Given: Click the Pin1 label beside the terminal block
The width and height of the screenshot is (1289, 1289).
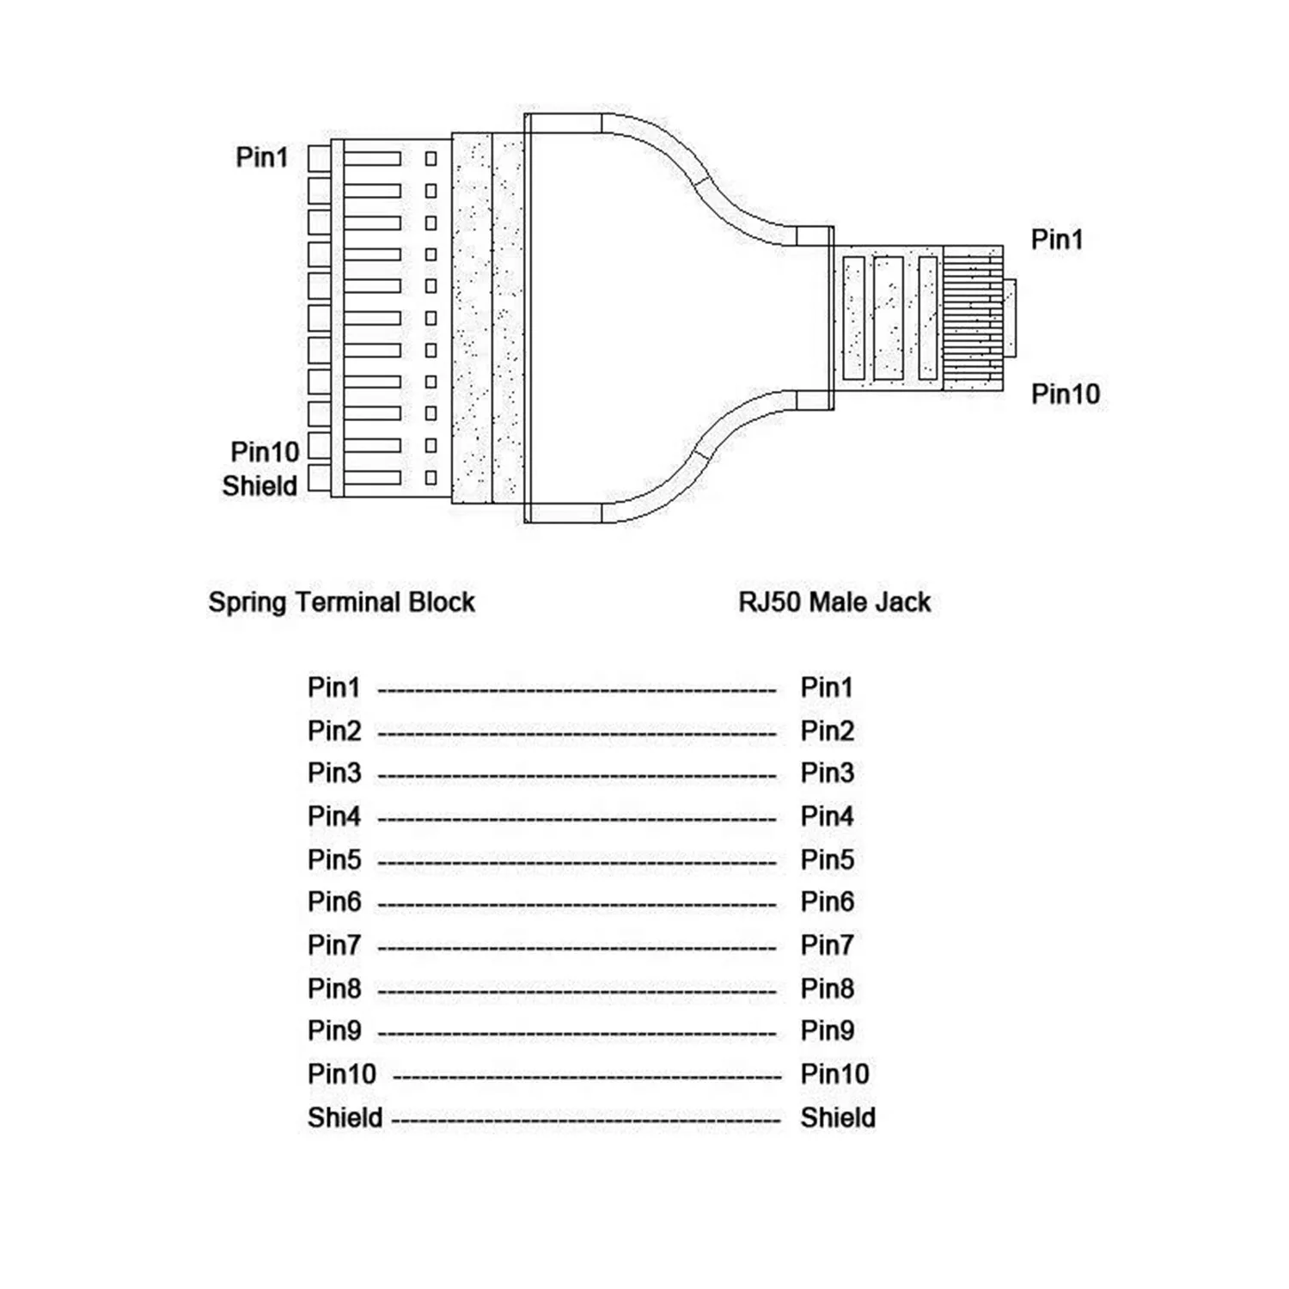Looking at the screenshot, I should pos(262,157).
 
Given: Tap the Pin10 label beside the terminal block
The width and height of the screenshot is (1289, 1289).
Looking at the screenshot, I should pos(265,452).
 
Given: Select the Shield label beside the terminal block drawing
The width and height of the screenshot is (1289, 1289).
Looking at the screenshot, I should pos(260,486).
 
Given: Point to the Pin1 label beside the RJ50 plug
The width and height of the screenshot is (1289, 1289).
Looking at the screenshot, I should pos(1057,240).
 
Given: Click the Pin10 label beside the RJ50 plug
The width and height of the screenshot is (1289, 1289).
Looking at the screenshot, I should pos(1066,394).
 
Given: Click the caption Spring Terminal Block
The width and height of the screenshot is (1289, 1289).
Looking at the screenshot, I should pos(341,602).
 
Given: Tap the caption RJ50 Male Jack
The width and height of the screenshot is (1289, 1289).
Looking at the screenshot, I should pos(834,602).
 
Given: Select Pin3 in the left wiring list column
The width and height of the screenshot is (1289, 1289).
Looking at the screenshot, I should pos(334,773).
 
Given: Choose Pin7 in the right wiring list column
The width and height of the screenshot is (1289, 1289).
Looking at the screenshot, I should pos(827,945).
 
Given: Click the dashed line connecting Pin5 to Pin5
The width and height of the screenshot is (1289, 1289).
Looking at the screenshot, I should pos(577,862).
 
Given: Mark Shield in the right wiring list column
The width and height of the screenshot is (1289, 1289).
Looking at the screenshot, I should pos(838,1118).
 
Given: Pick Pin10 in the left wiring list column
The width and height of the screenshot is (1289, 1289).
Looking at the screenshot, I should pos(342,1074).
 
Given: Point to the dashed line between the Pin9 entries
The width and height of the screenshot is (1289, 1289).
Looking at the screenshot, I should pos(577,1034).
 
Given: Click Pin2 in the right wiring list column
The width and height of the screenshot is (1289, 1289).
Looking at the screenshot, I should pos(827,731).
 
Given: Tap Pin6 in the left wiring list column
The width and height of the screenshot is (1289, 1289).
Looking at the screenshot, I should pos(334,902).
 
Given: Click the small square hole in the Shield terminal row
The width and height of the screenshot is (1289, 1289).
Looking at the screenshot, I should pos(431,478).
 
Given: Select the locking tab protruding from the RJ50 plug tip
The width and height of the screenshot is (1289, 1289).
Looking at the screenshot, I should pos(1010,318).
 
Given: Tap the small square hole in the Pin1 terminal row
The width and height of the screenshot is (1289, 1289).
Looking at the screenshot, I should pos(431,159).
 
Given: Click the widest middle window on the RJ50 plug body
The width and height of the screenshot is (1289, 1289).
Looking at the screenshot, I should pos(888,318).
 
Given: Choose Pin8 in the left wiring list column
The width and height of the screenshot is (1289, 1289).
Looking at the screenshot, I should pos(334,989).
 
